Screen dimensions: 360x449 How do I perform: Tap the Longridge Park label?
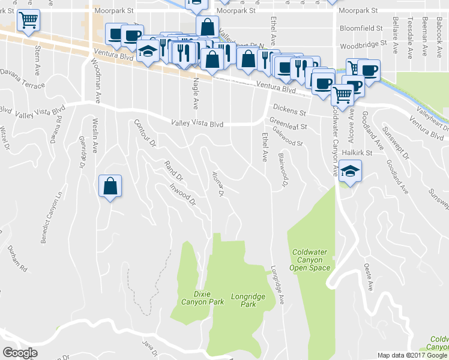tap(244, 300)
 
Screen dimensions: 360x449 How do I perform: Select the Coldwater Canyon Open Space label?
tap(310, 260)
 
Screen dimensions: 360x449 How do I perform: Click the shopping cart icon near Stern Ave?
tap(28, 21)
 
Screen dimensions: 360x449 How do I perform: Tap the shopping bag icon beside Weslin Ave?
tap(110, 187)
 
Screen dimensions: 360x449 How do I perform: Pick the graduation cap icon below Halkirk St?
tap(349, 173)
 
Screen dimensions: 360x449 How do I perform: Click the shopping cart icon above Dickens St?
tap(342, 94)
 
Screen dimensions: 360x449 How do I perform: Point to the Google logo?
tap(20, 353)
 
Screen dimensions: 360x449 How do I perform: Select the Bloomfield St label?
tap(361, 28)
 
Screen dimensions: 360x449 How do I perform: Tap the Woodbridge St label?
tap(363, 45)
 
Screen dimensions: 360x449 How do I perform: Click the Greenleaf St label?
tap(288, 127)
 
